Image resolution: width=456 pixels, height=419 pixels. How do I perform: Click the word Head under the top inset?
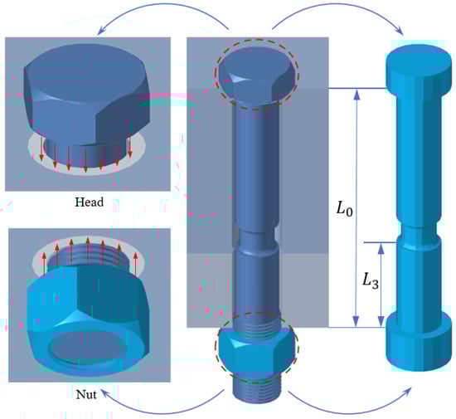90,202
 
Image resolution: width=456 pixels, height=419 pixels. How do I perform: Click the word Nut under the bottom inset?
86,395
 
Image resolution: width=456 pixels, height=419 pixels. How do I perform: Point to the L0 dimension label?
345,209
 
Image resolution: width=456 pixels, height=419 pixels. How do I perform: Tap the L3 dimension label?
371,281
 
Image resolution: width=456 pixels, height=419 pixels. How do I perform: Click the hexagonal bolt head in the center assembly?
256,76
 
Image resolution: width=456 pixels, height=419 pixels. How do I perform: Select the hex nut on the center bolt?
256,351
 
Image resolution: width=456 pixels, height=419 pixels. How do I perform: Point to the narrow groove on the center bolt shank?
256,239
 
